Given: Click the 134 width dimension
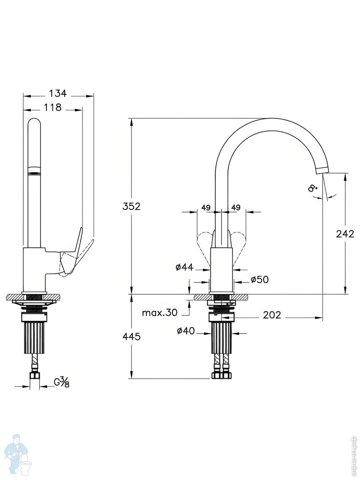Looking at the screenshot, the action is pos(58,94).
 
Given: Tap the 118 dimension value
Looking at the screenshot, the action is pos(53,108).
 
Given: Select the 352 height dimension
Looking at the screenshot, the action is pos(131,206).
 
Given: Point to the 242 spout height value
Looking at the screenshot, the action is pos(345,234).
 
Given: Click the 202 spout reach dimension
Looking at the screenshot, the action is pos(272,315).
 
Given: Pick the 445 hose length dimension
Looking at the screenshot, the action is pos(131,337).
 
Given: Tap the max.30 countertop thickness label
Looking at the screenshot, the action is pos(160,313).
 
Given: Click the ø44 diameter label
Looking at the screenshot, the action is pos(185,267).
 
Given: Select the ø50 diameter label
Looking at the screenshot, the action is pos(260,279).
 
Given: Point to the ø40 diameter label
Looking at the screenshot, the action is pos(186,331).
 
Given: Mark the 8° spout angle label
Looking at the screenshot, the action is pos(312,188).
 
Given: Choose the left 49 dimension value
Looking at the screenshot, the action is pos(206,207).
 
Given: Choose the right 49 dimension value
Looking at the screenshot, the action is pos(236,207).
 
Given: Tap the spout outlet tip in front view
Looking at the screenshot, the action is pos(323,170).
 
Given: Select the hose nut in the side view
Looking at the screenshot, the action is pos(34,376).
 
